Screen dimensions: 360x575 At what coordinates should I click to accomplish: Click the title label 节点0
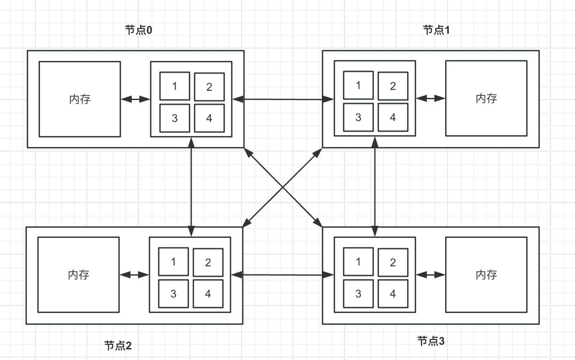click(138, 30)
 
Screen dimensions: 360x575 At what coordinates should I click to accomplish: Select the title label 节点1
click(437, 30)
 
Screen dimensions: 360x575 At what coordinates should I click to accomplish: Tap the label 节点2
click(118, 346)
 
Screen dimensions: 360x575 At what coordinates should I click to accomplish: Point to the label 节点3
click(431, 341)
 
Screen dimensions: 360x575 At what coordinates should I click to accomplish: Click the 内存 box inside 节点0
click(80, 99)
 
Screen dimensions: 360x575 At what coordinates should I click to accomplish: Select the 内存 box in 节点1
click(486, 98)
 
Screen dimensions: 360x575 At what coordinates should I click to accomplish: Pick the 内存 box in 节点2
click(79, 275)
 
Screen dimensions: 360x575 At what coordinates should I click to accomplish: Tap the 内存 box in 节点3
click(486, 275)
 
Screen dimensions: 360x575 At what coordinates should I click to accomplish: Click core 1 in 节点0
click(175, 87)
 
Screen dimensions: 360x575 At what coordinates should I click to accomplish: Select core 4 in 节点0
click(209, 118)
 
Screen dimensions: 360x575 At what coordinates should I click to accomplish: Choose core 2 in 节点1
click(393, 86)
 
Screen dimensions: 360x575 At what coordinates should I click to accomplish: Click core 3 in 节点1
click(358, 117)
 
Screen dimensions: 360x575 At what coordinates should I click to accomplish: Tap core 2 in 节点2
click(208, 263)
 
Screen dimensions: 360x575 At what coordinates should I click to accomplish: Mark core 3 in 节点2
click(174, 294)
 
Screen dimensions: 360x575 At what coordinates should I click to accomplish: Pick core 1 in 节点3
click(358, 262)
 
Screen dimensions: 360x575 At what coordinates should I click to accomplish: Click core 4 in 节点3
click(393, 294)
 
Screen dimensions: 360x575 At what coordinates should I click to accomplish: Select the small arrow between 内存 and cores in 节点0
click(136, 100)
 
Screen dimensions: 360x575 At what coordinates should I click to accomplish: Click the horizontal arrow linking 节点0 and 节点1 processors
click(283, 100)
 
